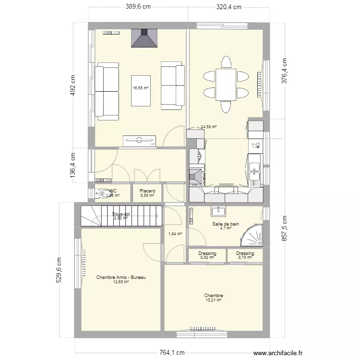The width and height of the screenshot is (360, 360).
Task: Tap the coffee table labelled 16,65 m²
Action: coord(141,90)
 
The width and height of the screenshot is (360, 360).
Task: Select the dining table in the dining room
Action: coord(226,84)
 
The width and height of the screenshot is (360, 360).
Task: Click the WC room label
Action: coord(113,191)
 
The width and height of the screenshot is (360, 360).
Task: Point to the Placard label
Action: coord(147,191)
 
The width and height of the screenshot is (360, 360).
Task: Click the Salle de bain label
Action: coord(226,224)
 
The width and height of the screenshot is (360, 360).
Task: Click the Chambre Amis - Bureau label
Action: coord(121,277)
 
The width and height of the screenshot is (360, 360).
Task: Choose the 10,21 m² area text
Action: coord(213,300)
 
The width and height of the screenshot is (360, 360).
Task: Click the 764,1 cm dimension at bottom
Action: coord(172,352)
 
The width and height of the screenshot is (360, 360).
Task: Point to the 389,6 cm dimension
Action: coord(138,7)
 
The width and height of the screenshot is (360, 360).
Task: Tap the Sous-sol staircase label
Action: coord(120,214)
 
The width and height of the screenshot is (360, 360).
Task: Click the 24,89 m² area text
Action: coord(209,127)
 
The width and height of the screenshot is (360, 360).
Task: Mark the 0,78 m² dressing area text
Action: coord(245,258)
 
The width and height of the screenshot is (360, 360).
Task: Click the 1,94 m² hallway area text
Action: coord(175,234)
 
